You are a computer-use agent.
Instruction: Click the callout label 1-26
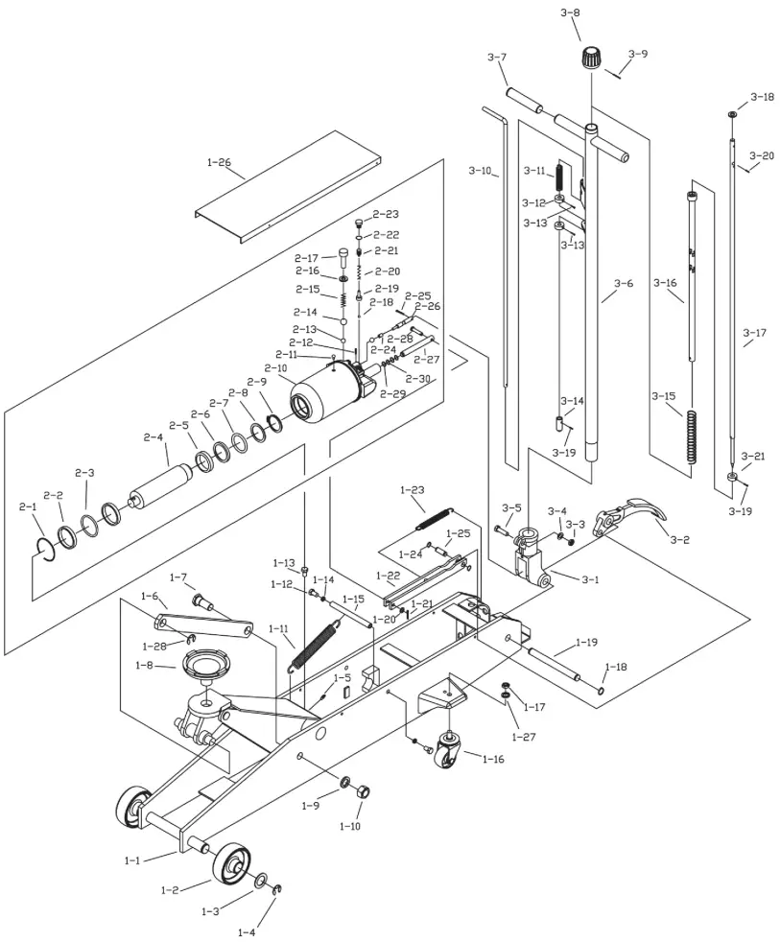click(x=219, y=162)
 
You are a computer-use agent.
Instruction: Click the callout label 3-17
click(x=754, y=333)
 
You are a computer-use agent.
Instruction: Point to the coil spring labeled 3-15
click(x=691, y=436)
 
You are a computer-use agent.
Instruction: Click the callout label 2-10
click(x=275, y=368)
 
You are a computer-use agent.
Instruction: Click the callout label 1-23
click(x=412, y=490)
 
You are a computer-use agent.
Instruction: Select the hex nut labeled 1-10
click(x=363, y=792)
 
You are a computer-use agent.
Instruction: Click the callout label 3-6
click(x=624, y=283)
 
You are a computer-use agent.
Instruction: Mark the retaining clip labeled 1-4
click(x=277, y=892)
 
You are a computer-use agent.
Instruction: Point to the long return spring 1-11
click(x=317, y=644)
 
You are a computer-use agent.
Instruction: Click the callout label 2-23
click(x=386, y=214)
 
